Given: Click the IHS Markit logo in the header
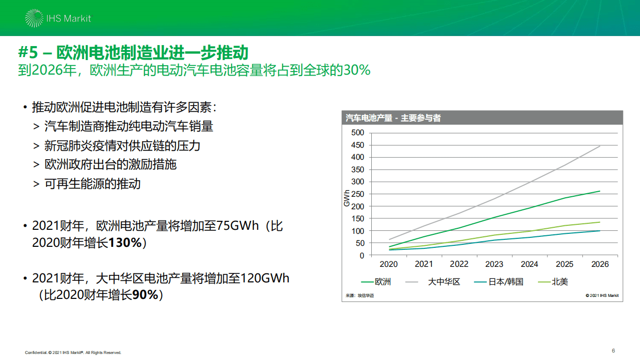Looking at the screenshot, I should pos(58,18).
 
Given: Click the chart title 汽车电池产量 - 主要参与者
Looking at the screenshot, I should pos(393,118).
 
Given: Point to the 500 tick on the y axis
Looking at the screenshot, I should pos(358,133).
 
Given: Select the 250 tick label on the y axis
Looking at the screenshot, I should pos(358,194).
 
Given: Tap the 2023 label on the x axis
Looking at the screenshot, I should pos(494,264).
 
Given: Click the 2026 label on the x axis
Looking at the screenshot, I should pos(599,264).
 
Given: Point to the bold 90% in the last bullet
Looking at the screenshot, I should pos(145,295).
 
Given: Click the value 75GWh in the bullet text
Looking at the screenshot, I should pos(238,226).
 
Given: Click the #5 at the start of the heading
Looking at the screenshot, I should pos(28,53).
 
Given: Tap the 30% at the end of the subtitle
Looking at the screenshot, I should pos(357,70).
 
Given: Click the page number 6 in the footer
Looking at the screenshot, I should pos(613,350).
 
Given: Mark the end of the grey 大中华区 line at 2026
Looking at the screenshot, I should pos(600,146).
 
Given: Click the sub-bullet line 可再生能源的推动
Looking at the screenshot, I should pos(93,184).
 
